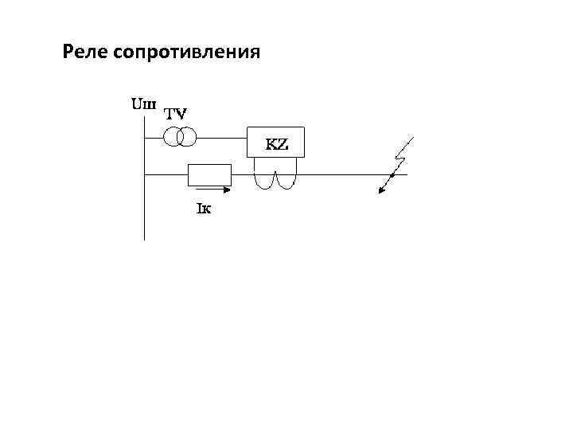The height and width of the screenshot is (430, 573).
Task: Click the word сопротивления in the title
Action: click(187, 53)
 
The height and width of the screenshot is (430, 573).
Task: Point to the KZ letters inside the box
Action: click(276, 145)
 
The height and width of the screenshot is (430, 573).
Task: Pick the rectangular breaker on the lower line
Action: click(209, 174)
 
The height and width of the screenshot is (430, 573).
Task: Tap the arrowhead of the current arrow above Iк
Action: click(228, 190)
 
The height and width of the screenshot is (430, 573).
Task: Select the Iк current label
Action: click(203, 209)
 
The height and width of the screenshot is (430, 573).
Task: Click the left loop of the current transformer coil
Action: click(265, 180)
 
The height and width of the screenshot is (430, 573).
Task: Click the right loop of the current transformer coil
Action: click(285, 180)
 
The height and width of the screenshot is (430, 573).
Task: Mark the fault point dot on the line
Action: click(392, 175)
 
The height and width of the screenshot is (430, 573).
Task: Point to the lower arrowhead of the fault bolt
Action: click(381, 191)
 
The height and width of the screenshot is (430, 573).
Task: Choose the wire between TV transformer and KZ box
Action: click(223, 138)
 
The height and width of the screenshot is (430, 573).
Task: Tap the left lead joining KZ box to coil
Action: click(255, 163)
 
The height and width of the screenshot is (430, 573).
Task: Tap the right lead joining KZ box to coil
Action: click(296, 163)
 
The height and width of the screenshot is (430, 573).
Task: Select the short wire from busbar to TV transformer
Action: click(154, 138)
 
